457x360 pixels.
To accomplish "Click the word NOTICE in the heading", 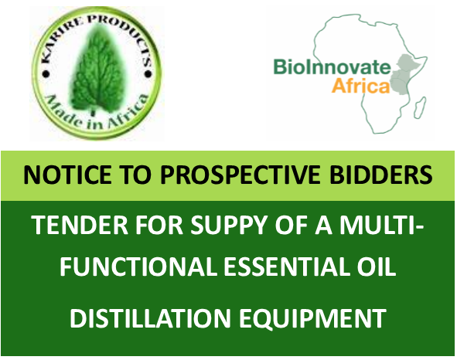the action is click(x=67, y=175).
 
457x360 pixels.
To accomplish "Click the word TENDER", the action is click(x=80, y=225).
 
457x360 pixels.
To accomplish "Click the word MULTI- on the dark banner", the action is click(x=381, y=225).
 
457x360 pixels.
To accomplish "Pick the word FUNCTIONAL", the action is click(x=138, y=267).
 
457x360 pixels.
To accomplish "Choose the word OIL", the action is click(x=377, y=267).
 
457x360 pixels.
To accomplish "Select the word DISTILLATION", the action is click(x=150, y=318).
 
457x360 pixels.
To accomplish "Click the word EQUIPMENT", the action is click(x=312, y=319).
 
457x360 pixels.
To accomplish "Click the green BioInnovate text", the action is click(x=333, y=66).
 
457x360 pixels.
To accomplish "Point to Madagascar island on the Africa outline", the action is click(x=420, y=107).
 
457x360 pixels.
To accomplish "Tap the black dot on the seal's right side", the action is click(x=148, y=75).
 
